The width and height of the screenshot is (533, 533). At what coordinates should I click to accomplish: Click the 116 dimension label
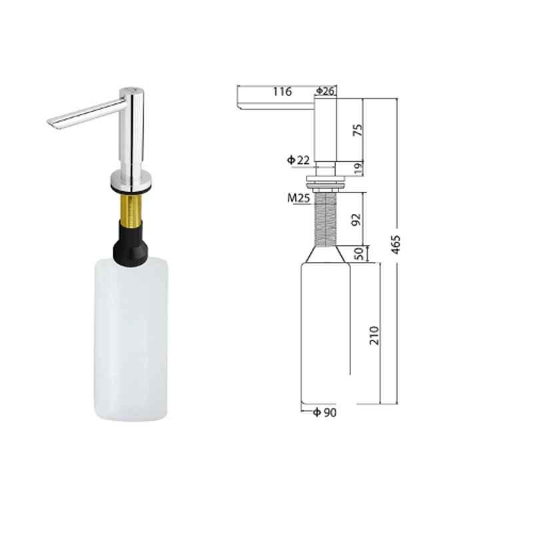click(282, 91)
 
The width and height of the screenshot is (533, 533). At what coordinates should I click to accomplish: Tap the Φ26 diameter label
click(326, 91)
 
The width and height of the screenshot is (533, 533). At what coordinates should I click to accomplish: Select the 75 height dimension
click(358, 130)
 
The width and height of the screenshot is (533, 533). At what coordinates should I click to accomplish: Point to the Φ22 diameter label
click(298, 160)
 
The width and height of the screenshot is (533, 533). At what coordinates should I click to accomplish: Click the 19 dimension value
click(358, 169)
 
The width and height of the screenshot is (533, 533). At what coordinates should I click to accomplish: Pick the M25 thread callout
click(298, 198)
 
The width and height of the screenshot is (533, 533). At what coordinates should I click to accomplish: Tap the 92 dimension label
click(356, 220)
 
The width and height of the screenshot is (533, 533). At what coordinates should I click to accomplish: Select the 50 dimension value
click(358, 254)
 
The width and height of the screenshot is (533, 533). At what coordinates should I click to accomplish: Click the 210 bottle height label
click(374, 336)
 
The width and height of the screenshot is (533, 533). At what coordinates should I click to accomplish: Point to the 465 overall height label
click(395, 245)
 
